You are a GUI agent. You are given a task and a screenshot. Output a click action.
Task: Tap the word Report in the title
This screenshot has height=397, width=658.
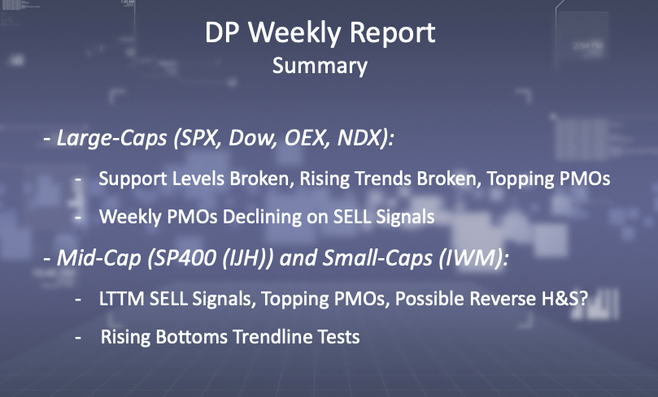(392, 33)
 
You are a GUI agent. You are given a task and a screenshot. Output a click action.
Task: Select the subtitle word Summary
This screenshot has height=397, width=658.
(320, 67)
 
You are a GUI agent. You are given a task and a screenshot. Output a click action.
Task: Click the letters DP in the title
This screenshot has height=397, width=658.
(222, 32)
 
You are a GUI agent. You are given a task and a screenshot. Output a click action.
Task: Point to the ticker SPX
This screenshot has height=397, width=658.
(198, 138)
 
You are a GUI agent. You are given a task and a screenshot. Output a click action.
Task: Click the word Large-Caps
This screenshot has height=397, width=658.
(111, 138)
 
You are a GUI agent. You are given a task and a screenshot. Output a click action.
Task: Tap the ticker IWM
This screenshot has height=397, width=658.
(470, 258)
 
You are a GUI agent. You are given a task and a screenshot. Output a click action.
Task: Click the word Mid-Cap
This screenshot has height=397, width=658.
(99, 258)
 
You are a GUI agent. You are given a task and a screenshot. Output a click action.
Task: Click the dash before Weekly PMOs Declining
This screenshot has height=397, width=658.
(78, 218)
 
